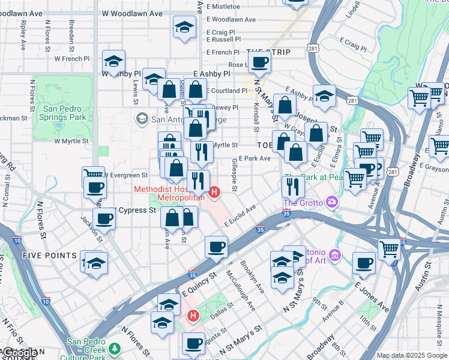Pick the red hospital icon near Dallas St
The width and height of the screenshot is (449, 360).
tap(193, 315)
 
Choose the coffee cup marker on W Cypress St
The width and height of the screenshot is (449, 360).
tap(104, 219)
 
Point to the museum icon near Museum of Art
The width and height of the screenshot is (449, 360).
tap(335, 256)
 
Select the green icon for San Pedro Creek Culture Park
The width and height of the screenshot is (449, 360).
tap(115, 349)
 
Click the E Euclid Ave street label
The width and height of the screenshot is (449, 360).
tap(240, 215)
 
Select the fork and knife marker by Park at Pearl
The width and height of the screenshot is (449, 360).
tap(293, 187)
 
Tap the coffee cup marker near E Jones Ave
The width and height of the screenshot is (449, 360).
tap(364, 262)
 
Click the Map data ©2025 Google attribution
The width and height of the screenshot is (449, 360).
tap(412, 355)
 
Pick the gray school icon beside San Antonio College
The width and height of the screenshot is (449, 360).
tap(142, 118)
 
